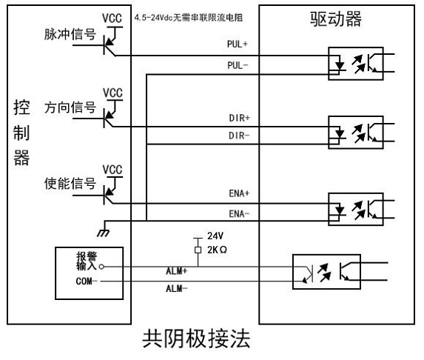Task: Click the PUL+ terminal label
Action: click(x=237, y=44)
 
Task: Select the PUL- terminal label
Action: click(x=238, y=65)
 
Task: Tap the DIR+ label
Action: click(x=239, y=118)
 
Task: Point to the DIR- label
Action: click(x=239, y=136)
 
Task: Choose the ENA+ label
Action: click(x=239, y=193)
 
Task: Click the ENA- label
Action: click(x=239, y=213)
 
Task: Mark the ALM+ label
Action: click(x=177, y=271)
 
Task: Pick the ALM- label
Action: click(x=177, y=289)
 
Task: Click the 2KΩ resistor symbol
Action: click(x=198, y=250)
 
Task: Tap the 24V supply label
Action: click(x=215, y=236)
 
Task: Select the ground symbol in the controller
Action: click(x=104, y=233)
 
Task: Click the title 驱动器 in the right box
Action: click(x=336, y=19)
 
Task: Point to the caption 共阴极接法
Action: click(x=196, y=339)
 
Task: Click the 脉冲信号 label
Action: click(x=70, y=34)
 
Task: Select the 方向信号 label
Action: click(x=70, y=107)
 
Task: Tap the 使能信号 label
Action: click(x=70, y=184)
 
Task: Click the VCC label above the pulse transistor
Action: click(x=112, y=19)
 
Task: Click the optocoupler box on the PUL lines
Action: click(x=356, y=64)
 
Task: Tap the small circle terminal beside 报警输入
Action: click(x=101, y=267)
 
